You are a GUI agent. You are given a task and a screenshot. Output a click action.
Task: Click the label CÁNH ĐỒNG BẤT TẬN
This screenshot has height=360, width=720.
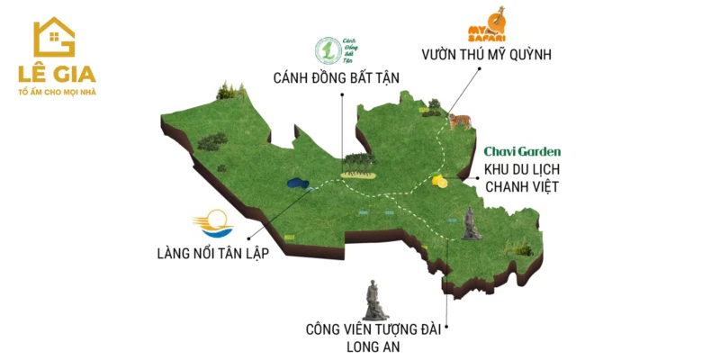pyautogui.click(x=337, y=77)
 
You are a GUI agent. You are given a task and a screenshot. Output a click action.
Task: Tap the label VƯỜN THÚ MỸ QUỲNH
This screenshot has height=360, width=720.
pyautogui.click(x=485, y=54)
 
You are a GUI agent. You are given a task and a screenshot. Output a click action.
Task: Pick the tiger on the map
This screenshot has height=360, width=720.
pyautogui.click(x=459, y=119)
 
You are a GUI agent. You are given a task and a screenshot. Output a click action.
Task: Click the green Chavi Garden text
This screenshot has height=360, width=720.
pyautogui.click(x=522, y=151)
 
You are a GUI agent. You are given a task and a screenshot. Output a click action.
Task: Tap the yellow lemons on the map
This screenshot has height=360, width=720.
pyautogui.click(x=439, y=180)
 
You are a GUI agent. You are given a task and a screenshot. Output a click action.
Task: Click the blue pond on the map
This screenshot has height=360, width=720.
pyautogui.click(x=297, y=184)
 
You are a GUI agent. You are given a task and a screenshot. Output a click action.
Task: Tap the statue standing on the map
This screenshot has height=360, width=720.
pyautogui.click(x=470, y=223)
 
